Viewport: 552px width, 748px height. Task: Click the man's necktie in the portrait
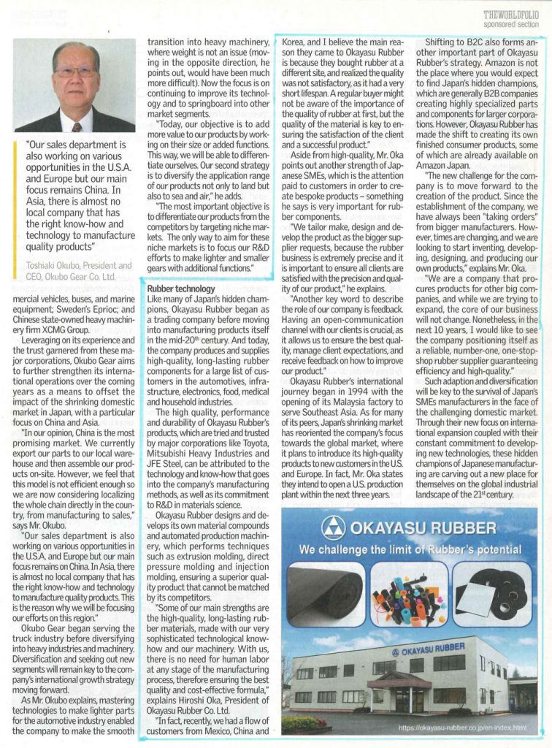click(77, 122)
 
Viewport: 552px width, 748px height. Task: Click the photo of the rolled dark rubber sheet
click(324, 594)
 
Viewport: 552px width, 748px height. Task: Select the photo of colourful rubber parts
click(408, 592)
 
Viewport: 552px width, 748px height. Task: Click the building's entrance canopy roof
click(399, 680)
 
